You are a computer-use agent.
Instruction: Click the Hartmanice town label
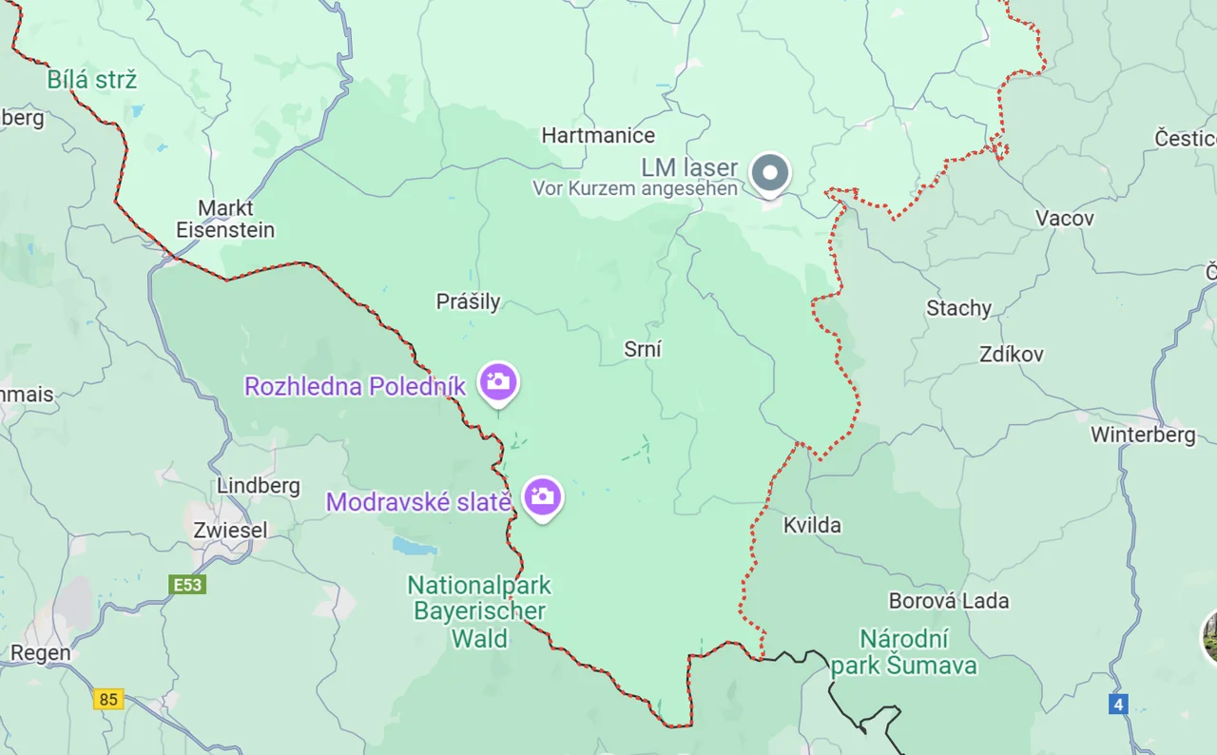(x=598, y=136)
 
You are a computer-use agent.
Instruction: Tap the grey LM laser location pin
(x=770, y=174)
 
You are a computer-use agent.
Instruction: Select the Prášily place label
(x=468, y=302)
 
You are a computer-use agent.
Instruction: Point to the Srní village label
(x=643, y=349)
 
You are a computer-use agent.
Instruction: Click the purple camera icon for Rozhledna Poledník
(x=498, y=382)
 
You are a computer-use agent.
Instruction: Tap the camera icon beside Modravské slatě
(x=543, y=496)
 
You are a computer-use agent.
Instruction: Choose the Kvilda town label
(x=812, y=525)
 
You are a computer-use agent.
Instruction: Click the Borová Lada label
(x=948, y=601)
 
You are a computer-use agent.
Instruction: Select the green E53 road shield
(x=187, y=585)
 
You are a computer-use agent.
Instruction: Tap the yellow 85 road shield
(x=108, y=700)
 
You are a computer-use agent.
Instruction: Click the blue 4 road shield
(x=1118, y=705)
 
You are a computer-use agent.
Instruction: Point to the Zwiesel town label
(x=230, y=531)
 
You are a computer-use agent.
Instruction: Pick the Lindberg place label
(x=259, y=486)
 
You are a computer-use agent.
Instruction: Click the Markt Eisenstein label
(x=225, y=219)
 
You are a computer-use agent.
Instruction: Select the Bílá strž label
(x=91, y=80)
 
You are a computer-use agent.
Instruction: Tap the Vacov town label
(x=1064, y=219)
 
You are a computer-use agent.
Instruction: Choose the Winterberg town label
(x=1143, y=436)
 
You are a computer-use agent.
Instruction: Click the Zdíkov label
(x=1011, y=355)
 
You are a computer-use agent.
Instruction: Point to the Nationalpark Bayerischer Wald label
(x=479, y=611)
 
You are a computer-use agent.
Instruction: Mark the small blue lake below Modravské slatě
(x=415, y=546)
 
